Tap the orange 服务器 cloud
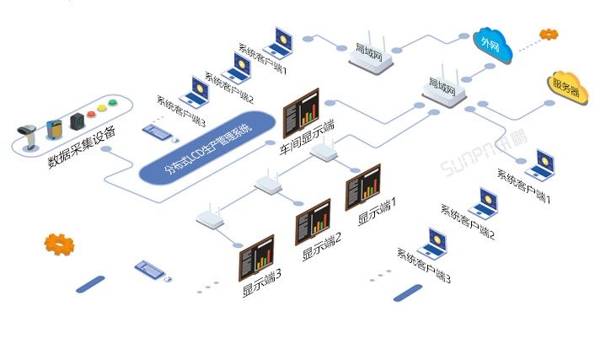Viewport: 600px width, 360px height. click(x=565, y=86)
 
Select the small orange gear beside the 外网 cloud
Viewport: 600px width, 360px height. click(x=549, y=35)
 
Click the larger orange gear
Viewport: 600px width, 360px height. click(x=59, y=244)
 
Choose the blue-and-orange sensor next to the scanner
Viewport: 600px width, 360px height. click(x=55, y=128)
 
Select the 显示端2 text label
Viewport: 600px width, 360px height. click(x=322, y=244)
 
